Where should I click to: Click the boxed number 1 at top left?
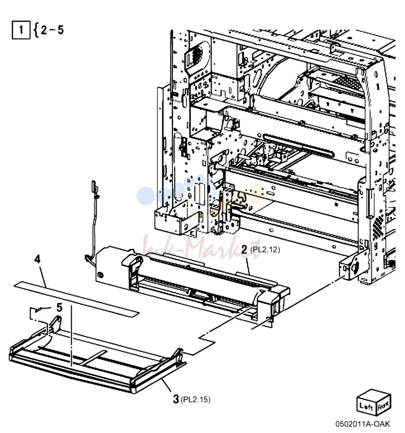[x=21, y=30]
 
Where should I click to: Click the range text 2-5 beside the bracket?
[x=52, y=30]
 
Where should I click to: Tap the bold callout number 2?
[x=244, y=249]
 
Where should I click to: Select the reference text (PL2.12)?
[x=265, y=250]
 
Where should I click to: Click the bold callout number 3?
[x=176, y=399]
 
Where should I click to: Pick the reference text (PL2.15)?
[x=196, y=399]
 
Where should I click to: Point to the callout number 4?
[x=37, y=259]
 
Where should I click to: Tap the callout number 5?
[x=59, y=307]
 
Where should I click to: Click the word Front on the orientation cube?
[x=383, y=405]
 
